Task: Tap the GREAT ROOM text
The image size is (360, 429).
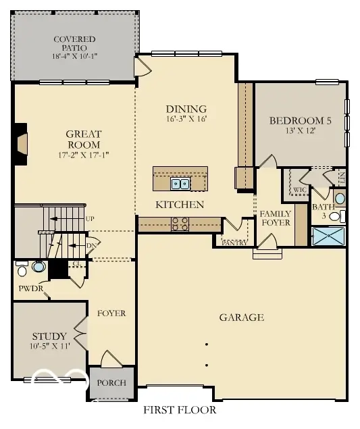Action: pos(83,139)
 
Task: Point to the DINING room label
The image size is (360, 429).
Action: pos(186,109)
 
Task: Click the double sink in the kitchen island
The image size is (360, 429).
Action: pos(180,183)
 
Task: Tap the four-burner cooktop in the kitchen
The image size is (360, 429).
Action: pos(180,224)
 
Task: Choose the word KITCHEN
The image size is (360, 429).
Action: pos(180,204)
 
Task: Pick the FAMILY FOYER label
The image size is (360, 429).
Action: pos(275,218)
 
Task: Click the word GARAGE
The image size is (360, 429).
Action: pos(241,317)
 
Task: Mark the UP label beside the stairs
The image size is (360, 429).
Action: pos(90,218)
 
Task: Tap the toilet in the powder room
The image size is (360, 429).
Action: pos(22,270)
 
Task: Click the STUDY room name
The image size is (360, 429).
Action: pos(49,336)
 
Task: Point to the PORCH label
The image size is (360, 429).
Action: pos(111,382)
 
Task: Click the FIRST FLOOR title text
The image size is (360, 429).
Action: pos(180,409)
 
